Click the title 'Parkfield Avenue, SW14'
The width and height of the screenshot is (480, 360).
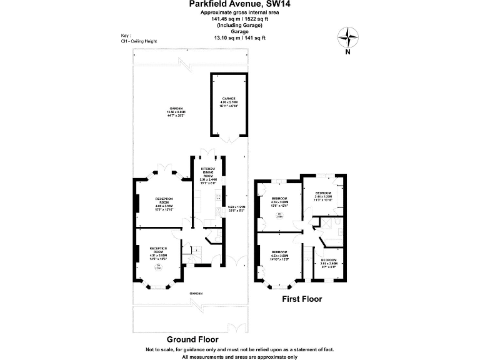[239, 4]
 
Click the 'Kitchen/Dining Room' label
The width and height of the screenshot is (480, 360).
[208, 176]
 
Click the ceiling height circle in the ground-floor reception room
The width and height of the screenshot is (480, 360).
[159, 268]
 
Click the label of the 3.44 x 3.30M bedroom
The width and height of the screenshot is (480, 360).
[323, 196]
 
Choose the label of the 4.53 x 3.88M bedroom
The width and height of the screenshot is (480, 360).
[279, 256]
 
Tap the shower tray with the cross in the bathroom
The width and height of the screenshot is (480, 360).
[325, 223]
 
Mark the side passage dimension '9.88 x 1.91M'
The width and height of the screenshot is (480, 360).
[236, 209]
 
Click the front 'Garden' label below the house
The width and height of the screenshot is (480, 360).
[197, 292]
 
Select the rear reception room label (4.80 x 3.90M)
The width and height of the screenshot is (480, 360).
[164, 204]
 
